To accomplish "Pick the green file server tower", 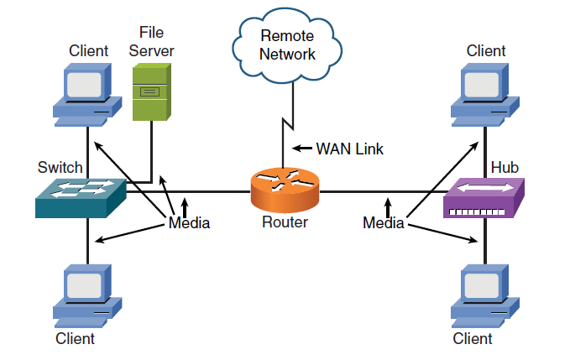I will point(151,92).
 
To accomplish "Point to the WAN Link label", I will point(349,149).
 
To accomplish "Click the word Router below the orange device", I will point(285,222).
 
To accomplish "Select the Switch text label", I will point(60,168).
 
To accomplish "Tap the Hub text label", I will point(505,168).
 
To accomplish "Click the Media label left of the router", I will point(189,223).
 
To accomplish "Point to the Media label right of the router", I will point(384,223).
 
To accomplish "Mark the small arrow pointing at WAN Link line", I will point(301,149).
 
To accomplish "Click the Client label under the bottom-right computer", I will point(473,339).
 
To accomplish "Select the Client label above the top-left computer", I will point(88,51).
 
